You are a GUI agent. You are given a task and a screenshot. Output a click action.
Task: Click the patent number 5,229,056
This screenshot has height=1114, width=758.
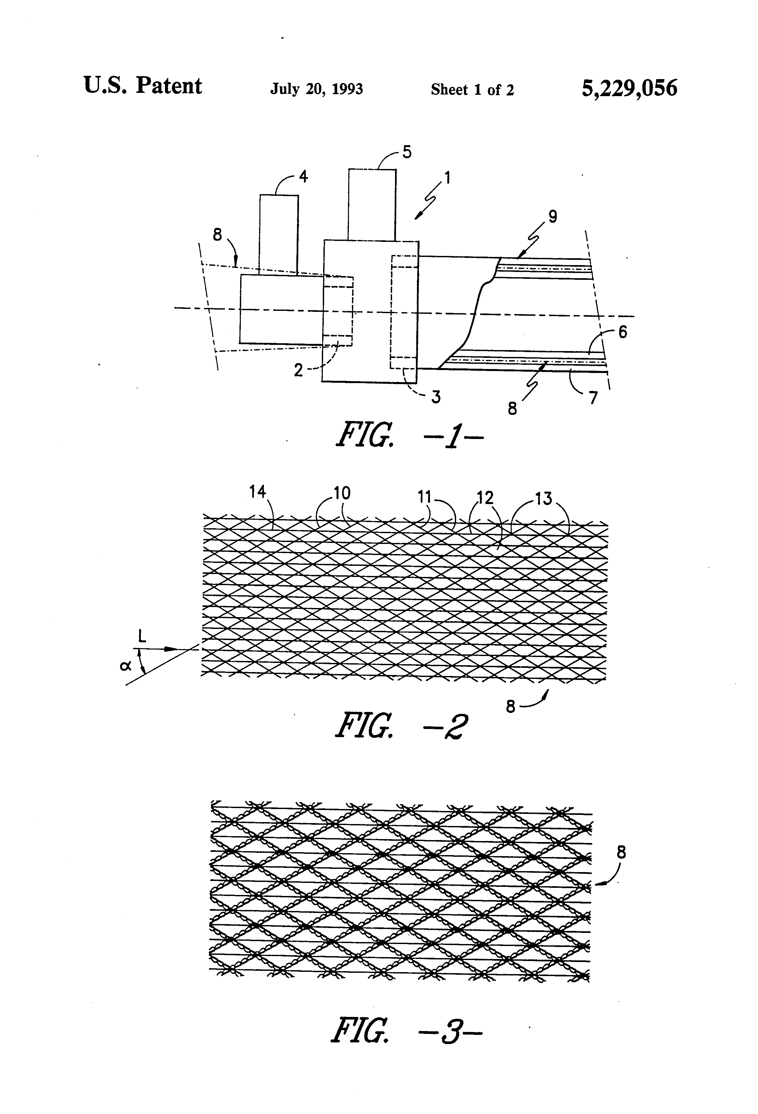[x=629, y=89]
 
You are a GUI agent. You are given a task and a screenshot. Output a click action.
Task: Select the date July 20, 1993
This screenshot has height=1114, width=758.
[x=316, y=89]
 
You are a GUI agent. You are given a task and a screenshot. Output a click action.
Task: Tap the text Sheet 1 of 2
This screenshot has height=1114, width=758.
[x=472, y=90]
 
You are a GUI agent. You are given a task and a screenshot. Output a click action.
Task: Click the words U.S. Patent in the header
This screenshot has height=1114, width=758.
[x=143, y=85]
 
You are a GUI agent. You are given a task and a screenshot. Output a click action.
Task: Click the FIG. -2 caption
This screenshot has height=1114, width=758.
[x=401, y=725]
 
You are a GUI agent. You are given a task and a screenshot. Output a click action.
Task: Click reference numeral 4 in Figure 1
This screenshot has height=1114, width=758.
[x=303, y=177]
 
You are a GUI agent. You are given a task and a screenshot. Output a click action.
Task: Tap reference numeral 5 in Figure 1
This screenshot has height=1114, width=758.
[x=407, y=152]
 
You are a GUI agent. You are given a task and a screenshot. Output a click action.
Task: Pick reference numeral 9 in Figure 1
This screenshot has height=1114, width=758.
[x=552, y=217]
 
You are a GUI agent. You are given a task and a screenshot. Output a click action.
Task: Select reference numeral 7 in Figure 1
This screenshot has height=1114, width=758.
[x=594, y=398]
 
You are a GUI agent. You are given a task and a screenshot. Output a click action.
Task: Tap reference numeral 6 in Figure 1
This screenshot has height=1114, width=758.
[x=622, y=332]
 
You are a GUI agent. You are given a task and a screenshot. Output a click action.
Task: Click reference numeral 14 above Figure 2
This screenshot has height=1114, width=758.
[x=258, y=492]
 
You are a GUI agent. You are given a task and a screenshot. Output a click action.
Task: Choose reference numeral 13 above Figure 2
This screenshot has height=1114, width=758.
[x=544, y=499]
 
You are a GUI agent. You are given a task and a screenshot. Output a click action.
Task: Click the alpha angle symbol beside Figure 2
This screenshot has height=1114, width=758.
[x=125, y=666]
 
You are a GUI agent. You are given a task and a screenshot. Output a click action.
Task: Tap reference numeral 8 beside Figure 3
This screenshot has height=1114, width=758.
[x=621, y=852]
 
